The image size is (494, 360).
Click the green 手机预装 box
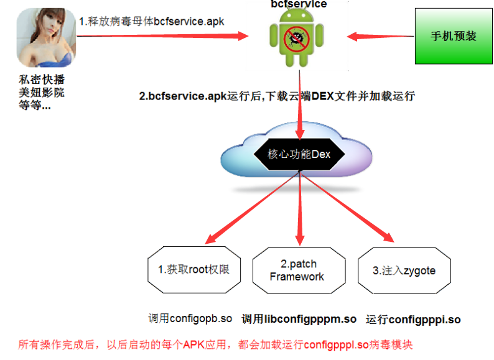click(x=454, y=36)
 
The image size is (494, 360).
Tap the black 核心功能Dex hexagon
click(x=299, y=154)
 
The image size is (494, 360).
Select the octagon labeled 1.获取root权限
click(x=194, y=270)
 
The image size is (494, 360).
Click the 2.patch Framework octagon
click(x=299, y=270)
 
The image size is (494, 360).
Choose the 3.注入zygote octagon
click(x=404, y=270)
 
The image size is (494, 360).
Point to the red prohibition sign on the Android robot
click(x=297, y=39)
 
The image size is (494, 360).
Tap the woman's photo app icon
click(x=46, y=37)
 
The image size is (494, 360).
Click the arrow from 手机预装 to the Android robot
click(x=381, y=36)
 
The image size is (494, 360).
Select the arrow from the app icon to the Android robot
click(x=162, y=36)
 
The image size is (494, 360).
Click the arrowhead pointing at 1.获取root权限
click(x=212, y=238)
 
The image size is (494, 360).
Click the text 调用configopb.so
click(x=190, y=318)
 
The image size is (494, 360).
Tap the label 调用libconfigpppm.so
click(x=299, y=319)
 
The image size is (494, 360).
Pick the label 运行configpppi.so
click(x=413, y=320)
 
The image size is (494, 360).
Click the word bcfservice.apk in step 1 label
click(x=189, y=21)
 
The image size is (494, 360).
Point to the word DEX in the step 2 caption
click(x=322, y=96)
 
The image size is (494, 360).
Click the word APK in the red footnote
click(x=193, y=344)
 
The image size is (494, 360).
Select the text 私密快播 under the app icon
click(x=42, y=80)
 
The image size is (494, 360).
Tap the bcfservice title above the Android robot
click(x=299, y=4)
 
